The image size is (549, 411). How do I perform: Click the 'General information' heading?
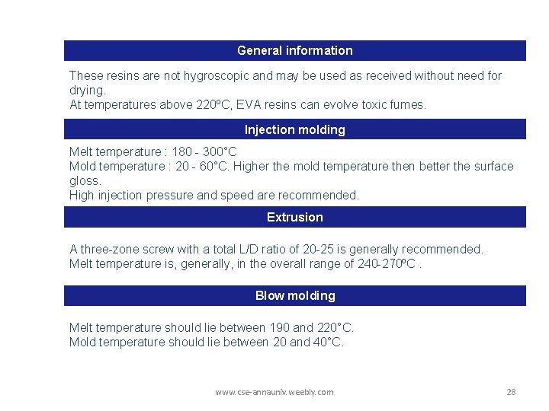pos(294,50)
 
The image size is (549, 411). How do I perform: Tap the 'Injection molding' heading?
pos(294,129)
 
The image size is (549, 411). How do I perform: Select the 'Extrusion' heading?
pos(294,217)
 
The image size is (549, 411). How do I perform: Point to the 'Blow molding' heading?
pos(294,295)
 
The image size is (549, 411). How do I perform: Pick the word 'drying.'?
pos(88,90)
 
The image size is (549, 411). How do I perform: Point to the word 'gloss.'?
pos(85,180)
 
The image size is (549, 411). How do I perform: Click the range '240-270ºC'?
pos(387,263)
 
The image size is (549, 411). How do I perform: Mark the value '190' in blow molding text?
pos(280,327)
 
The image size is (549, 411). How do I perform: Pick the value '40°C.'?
pos(327,342)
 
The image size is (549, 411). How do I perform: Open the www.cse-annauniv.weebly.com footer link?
pos(274,392)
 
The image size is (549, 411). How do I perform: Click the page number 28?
pos(511,392)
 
